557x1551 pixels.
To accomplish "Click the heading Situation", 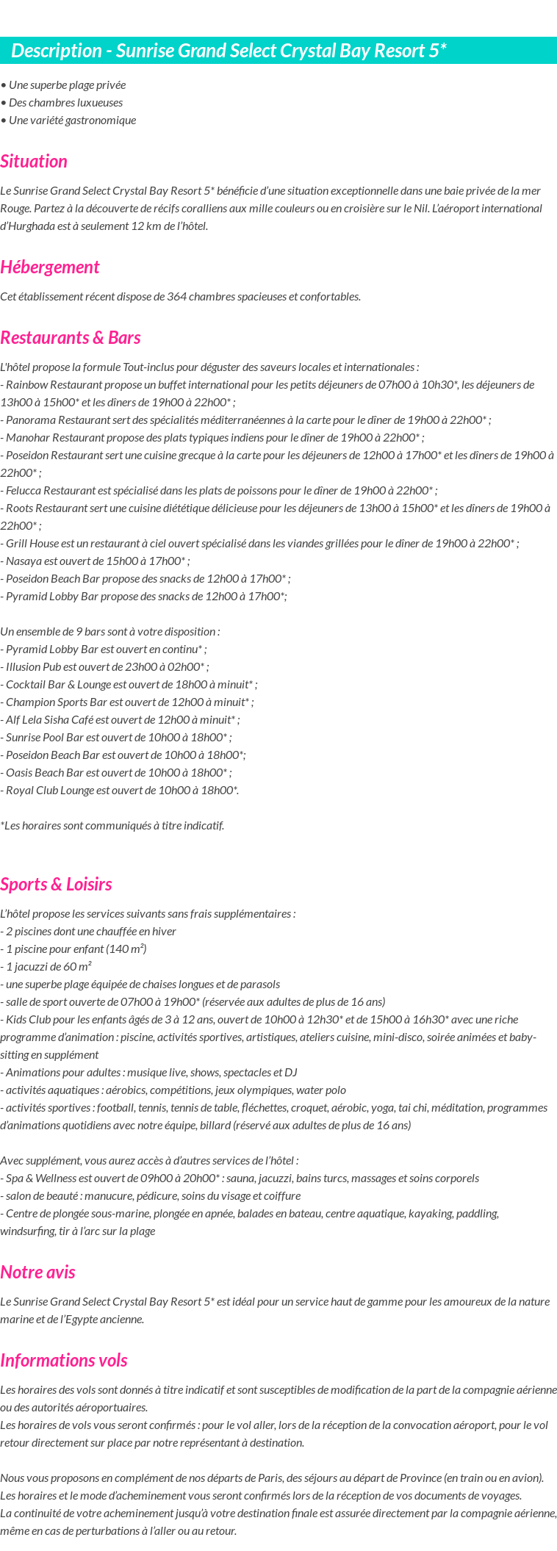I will tap(34, 162).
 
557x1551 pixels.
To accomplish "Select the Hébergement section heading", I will tap(50, 267).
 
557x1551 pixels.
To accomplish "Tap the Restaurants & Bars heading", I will tap(71, 338).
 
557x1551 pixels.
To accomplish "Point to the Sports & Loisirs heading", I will tap(56, 885).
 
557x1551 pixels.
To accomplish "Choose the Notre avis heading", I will tap(37, 1273).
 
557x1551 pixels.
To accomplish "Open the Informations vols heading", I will tap(64, 1361).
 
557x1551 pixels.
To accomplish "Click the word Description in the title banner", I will tap(57, 51).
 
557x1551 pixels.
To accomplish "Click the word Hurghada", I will tap(28, 226).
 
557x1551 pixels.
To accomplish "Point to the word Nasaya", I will tap(24, 561).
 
